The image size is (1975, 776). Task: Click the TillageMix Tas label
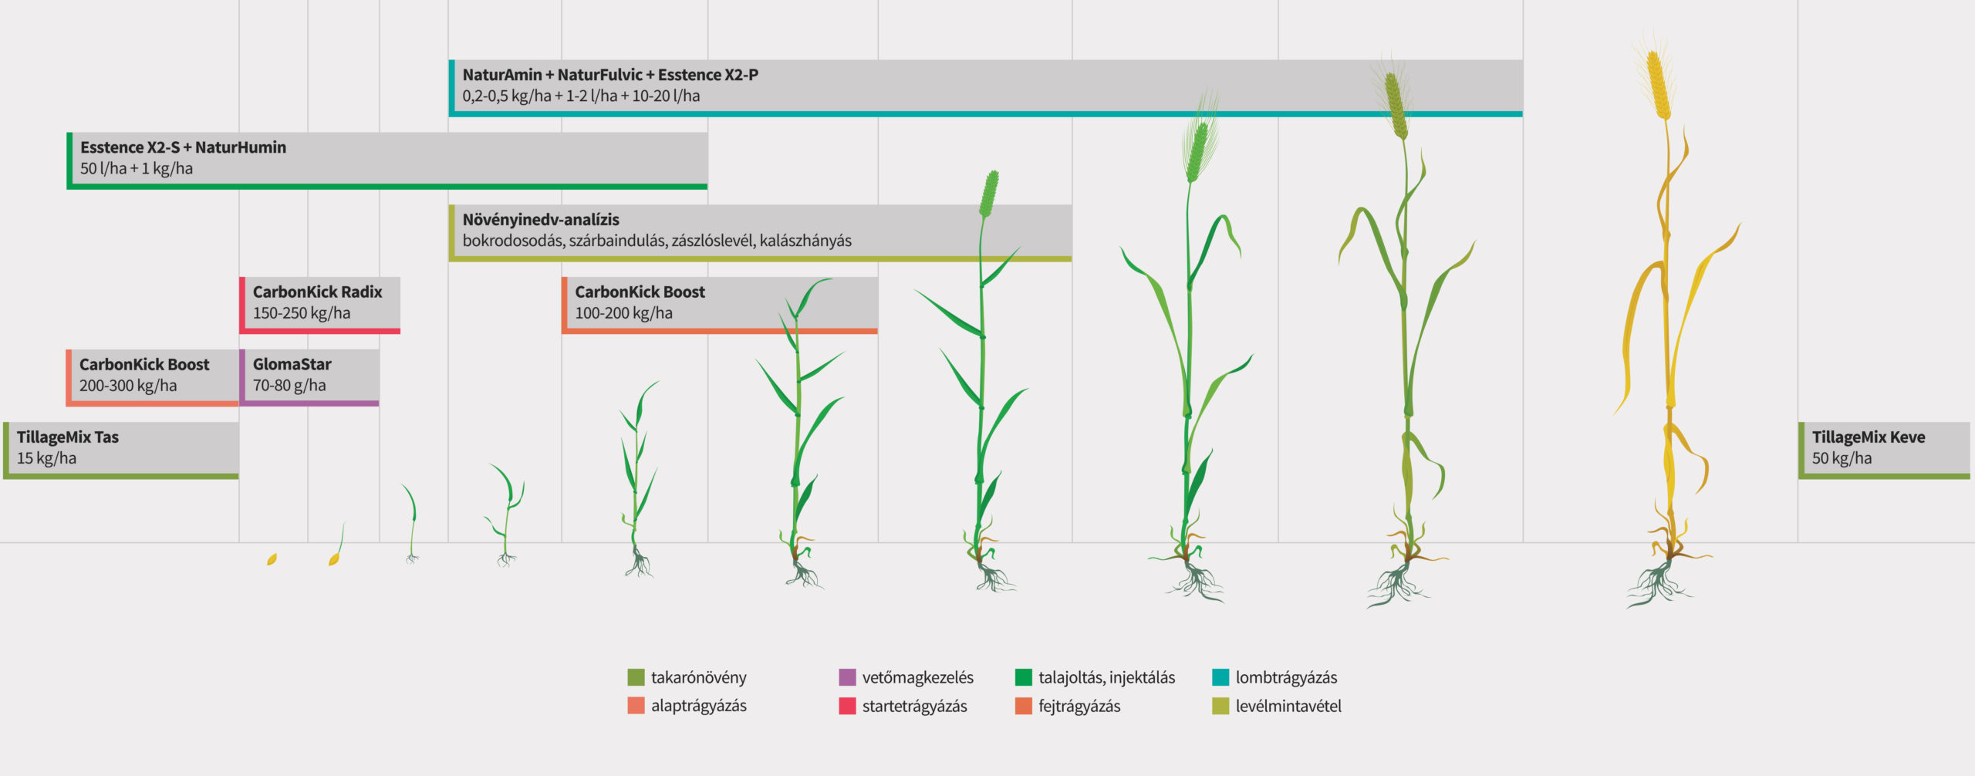(x=68, y=437)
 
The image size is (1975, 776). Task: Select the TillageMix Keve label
(x=1868, y=437)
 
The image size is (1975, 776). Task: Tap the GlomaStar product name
(x=292, y=365)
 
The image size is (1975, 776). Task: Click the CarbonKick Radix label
(x=317, y=292)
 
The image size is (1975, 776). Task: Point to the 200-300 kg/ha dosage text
(x=128, y=386)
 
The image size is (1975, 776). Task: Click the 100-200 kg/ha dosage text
(x=623, y=313)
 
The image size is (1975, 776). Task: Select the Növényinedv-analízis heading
(x=541, y=220)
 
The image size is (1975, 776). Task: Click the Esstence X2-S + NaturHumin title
(x=183, y=147)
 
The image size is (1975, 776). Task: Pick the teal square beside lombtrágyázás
(x=1220, y=677)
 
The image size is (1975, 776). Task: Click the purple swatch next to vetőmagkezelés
(x=847, y=677)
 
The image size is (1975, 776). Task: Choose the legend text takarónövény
(x=698, y=677)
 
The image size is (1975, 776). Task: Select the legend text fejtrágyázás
(x=1079, y=706)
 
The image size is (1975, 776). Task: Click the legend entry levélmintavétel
(x=1288, y=706)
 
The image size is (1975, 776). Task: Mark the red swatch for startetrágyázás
(x=847, y=706)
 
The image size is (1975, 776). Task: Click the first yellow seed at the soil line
(x=272, y=559)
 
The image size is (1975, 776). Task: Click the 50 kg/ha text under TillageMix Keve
(x=1842, y=458)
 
